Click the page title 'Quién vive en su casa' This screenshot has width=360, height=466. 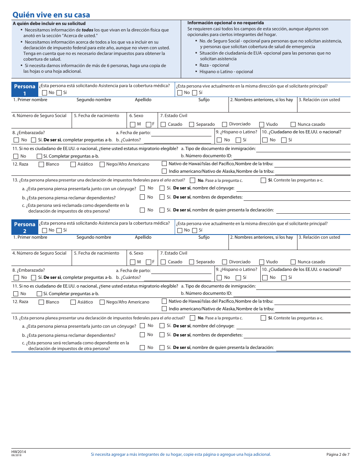(51, 15)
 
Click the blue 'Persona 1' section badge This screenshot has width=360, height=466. (25, 90)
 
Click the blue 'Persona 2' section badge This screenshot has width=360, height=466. (25, 227)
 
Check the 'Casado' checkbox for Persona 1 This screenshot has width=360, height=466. (163, 124)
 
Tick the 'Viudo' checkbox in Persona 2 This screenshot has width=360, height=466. (262, 262)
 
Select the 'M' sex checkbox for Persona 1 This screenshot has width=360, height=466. (132, 124)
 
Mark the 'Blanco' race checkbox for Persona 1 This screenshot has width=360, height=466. (41, 164)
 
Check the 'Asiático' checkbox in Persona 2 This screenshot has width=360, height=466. (73, 302)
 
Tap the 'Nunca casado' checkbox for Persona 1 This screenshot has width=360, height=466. (293, 124)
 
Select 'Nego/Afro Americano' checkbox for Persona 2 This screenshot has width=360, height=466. (102, 302)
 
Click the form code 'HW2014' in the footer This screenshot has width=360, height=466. (19, 452)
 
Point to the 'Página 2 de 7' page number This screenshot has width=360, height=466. (338, 454)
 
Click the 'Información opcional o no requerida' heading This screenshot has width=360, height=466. (225, 23)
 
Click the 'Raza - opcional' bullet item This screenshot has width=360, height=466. (214, 65)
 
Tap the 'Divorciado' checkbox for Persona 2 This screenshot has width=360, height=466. (225, 262)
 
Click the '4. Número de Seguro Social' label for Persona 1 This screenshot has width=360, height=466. (39, 116)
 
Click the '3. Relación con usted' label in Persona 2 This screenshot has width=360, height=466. (319, 237)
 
